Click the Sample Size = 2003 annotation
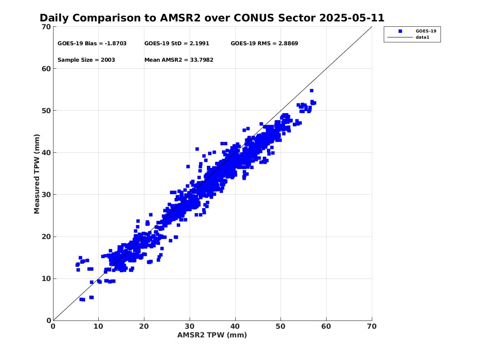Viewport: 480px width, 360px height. [x=86, y=60]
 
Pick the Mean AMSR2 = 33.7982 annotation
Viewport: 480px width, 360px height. [x=179, y=60]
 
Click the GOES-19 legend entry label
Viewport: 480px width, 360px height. [x=426, y=31]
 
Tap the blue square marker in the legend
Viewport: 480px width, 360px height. [x=399, y=31]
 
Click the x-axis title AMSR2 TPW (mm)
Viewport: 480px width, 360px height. [x=212, y=335]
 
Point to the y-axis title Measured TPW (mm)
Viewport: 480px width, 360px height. [x=37, y=174]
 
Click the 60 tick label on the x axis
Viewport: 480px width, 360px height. [x=326, y=326]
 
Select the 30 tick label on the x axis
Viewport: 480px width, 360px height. [x=190, y=326]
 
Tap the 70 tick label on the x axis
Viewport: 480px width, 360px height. [x=371, y=326]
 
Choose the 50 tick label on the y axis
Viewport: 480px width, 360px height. [x=46, y=111]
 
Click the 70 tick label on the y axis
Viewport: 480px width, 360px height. [x=46, y=27]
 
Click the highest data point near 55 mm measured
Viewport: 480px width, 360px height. [x=311, y=91]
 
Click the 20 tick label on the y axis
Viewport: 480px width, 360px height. [x=46, y=237]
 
